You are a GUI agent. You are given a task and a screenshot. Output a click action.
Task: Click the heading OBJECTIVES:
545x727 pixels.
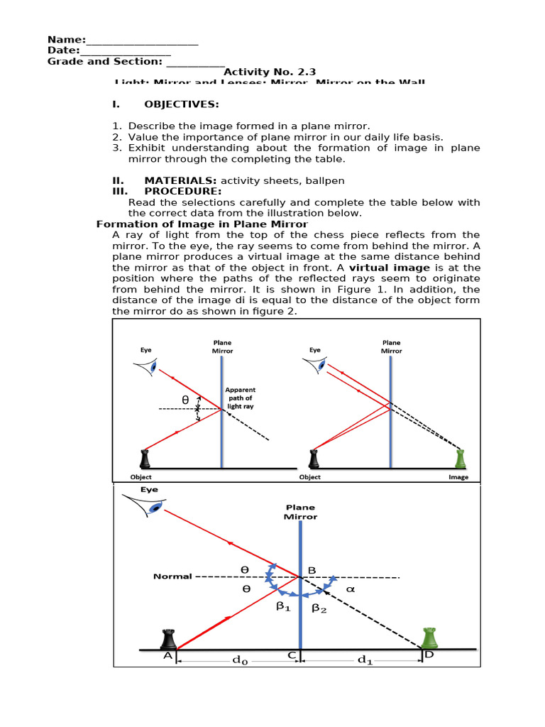point(181,104)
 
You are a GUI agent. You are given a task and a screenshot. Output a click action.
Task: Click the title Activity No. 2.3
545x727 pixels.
point(270,72)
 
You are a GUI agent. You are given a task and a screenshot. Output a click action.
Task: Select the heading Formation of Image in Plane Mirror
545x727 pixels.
point(202,224)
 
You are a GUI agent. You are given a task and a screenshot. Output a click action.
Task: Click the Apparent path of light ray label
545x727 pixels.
point(240,398)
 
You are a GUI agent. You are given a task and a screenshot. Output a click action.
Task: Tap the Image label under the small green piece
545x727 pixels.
point(458,477)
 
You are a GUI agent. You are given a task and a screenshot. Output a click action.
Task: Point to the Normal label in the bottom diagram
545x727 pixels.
point(172,576)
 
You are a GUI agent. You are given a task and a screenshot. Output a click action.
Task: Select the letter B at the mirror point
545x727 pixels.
point(312,569)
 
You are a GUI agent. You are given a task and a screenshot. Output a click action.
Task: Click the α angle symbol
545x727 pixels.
point(349,589)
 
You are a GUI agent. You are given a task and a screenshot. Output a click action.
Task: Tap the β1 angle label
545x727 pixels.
point(284,608)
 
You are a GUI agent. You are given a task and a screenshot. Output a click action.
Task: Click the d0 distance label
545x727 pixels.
point(241,660)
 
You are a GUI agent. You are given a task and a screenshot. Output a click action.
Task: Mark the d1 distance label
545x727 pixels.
point(365,660)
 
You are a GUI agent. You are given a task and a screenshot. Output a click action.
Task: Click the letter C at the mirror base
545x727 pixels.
point(292,657)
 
